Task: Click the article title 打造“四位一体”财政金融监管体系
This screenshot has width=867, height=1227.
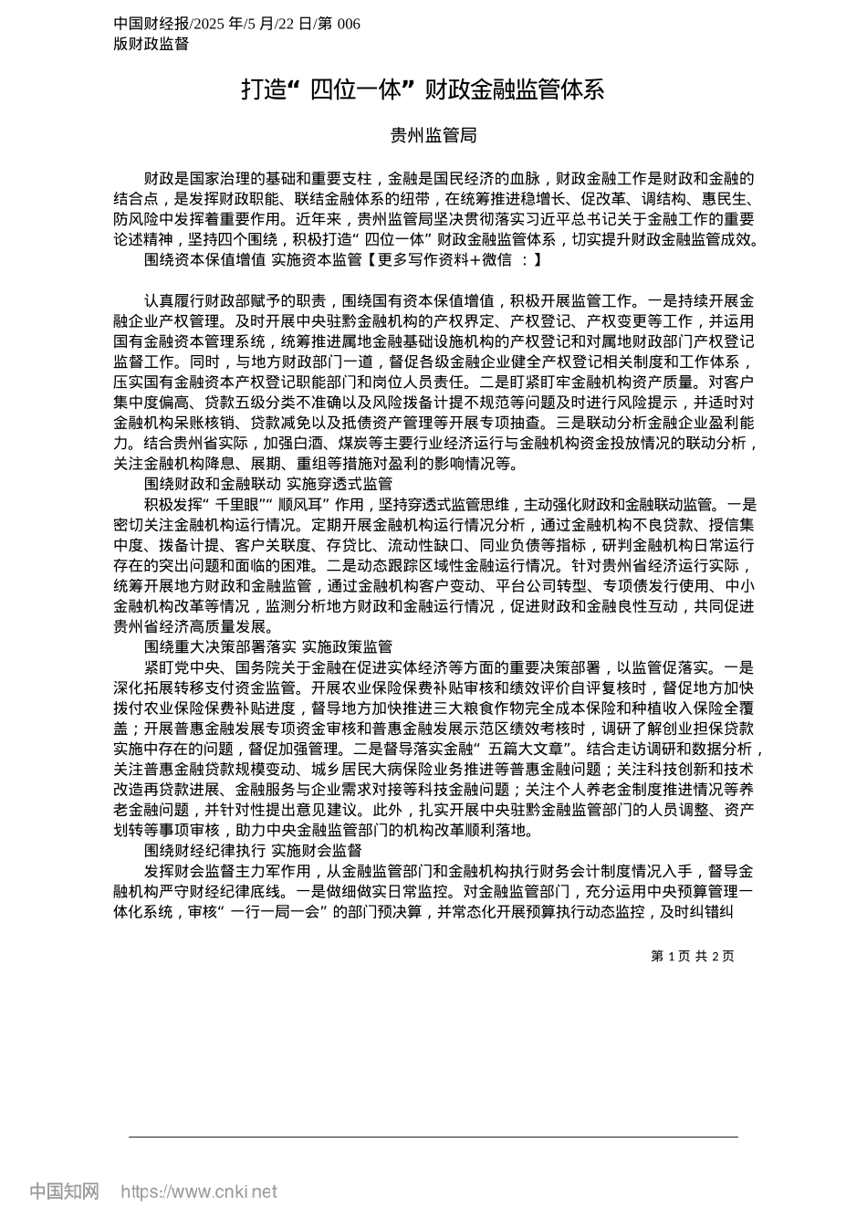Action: (423, 89)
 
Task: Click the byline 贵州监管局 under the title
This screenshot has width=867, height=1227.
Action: (433, 136)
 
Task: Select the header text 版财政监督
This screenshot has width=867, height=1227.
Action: (151, 43)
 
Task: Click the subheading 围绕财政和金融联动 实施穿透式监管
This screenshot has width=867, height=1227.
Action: (268, 483)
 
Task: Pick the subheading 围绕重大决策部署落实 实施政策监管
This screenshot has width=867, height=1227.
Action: (268, 646)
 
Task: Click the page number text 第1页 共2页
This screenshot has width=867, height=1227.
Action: (693, 956)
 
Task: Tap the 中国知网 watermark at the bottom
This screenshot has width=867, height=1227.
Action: (64, 1190)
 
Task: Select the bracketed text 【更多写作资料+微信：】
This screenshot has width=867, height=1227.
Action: (449, 260)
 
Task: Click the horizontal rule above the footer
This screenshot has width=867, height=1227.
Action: (433, 1137)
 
